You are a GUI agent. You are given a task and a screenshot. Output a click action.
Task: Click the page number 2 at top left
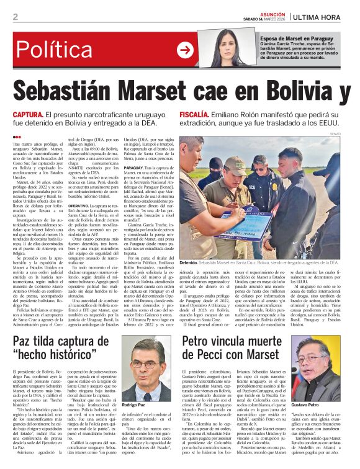[x=16, y=17]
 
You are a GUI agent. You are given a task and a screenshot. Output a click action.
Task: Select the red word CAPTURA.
[x=28, y=115]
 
